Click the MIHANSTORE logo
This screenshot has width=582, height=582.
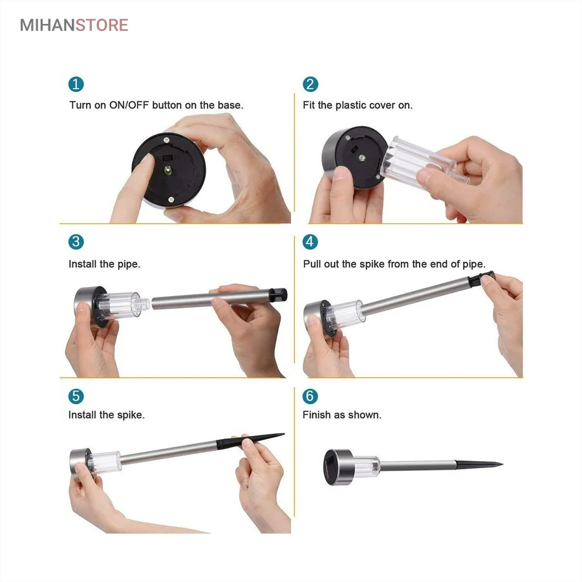(74, 25)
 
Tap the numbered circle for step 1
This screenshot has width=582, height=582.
(76, 84)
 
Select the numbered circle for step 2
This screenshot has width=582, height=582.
(310, 84)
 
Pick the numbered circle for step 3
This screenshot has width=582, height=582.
(76, 242)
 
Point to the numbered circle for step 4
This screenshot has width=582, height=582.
(310, 242)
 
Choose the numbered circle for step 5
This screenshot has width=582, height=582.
(76, 396)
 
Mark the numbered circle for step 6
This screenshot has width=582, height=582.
(310, 396)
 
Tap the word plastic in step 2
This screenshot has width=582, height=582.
(350, 105)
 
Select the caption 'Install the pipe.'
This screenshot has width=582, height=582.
(105, 264)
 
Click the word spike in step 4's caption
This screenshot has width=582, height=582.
(372, 264)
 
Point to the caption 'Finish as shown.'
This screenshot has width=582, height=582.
(342, 415)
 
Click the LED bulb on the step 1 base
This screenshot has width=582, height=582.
(167, 170)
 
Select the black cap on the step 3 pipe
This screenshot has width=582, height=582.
(278, 295)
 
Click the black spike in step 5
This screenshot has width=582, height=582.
(250, 440)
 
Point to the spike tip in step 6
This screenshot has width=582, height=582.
(502, 464)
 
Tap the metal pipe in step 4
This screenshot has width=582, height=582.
(416, 297)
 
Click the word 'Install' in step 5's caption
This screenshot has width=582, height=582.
(82, 415)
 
